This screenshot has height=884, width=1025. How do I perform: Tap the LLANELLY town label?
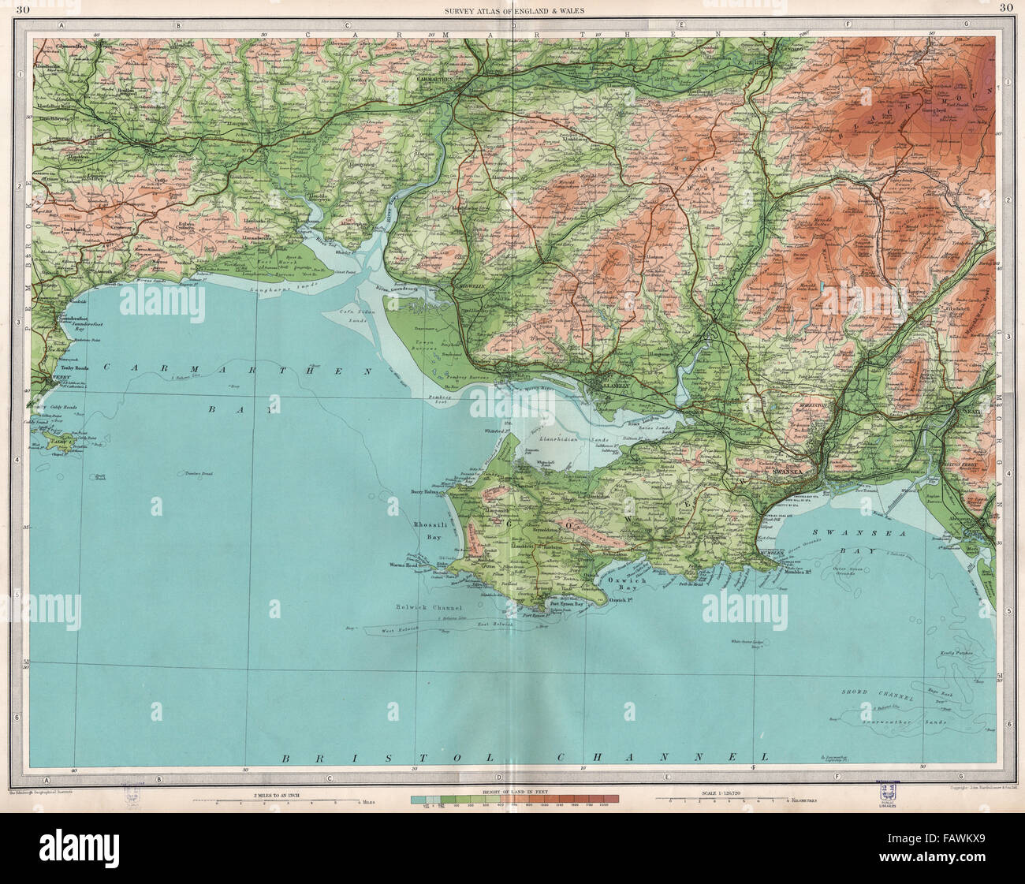point(606,387)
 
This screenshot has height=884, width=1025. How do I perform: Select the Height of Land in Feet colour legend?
point(514,800)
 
